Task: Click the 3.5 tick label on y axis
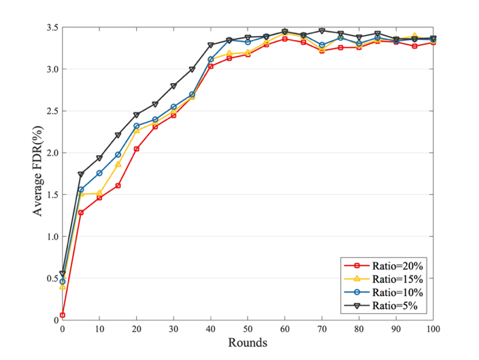[x=50, y=28]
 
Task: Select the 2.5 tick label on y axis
[x=50, y=111]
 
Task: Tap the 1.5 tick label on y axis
[x=50, y=195]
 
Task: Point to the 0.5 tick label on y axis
[x=50, y=278]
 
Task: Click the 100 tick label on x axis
[x=433, y=329]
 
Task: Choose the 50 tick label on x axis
[x=248, y=329]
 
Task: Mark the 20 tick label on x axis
[x=137, y=329]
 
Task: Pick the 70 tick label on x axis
[x=322, y=329]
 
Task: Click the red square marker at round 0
[x=63, y=315]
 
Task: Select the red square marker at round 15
[x=118, y=186]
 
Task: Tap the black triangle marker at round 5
[x=81, y=175]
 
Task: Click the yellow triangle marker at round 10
[x=99, y=193]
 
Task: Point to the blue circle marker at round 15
[x=118, y=155]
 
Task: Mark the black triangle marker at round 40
[x=211, y=46]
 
